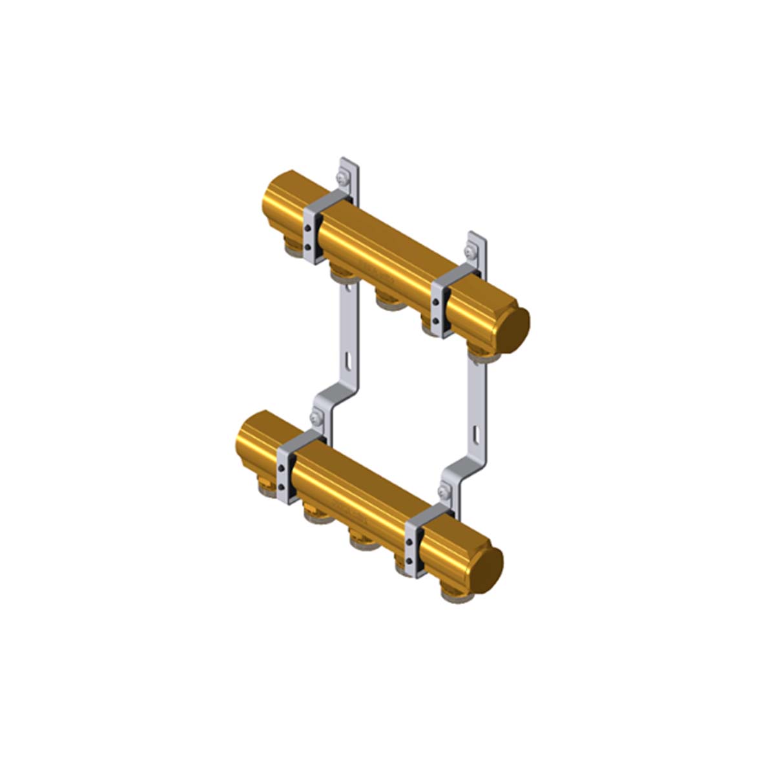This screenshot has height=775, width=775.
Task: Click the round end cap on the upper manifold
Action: [516, 327]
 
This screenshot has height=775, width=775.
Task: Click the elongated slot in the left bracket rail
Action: [347, 359]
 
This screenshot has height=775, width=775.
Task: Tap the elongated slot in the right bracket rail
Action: [475, 433]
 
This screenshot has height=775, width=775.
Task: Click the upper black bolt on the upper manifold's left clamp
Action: [309, 227]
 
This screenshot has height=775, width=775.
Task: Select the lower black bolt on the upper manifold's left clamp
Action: [309, 247]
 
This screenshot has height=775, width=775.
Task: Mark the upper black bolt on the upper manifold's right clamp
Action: [436, 302]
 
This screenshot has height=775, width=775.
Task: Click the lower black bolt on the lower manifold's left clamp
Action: [282, 486]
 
